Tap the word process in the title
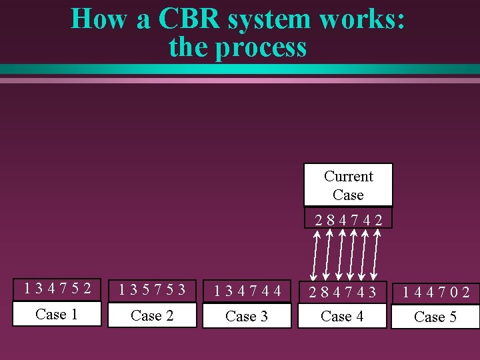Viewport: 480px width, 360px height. pos(265,47)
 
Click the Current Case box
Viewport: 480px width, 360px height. pos(348,185)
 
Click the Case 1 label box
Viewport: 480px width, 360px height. pos(57,314)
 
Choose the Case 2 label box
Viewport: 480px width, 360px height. pos(152,315)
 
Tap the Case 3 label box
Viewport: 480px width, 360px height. pos(247,316)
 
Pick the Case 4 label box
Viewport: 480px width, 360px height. pos(342,316)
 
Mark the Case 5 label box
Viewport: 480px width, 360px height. pos(435,317)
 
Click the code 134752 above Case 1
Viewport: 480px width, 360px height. pos(57,289)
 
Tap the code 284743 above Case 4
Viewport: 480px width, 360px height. pos(342,292)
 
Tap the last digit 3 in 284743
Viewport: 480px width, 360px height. pos(371,292)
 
